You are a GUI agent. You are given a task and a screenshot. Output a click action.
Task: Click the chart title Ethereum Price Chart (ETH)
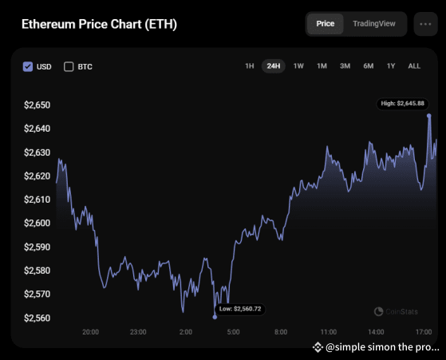[99, 24]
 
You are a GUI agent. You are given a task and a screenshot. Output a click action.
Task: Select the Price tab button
[325, 24]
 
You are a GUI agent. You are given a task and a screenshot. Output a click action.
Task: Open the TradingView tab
[373, 24]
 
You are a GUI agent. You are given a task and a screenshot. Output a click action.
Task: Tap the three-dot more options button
[427, 24]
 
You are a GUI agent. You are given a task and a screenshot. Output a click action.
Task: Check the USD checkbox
[29, 66]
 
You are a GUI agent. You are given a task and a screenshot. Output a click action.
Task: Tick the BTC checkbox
[69, 66]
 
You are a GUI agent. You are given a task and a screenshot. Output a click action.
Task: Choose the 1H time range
[249, 66]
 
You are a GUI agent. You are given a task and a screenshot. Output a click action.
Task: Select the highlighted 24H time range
[274, 66]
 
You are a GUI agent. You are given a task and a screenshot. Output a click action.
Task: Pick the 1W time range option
[298, 66]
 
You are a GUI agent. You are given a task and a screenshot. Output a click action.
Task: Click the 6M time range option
[368, 66]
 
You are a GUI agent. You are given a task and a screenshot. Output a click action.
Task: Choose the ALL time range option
[414, 66]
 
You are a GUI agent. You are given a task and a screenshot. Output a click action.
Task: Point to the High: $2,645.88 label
[403, 103]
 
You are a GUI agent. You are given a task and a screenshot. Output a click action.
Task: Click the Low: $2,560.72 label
[240, 308]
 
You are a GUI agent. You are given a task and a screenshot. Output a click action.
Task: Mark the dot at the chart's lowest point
[215, 317]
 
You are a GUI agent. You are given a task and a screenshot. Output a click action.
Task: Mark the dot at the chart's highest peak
[429, 115]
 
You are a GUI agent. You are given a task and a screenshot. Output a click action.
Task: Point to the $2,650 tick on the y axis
[37, 105]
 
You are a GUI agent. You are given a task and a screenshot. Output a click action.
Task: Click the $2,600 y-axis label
[37, 224]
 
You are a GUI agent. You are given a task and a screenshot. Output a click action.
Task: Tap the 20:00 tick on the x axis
[90, 331]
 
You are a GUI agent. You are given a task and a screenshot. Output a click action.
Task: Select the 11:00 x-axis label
[328, 331]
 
